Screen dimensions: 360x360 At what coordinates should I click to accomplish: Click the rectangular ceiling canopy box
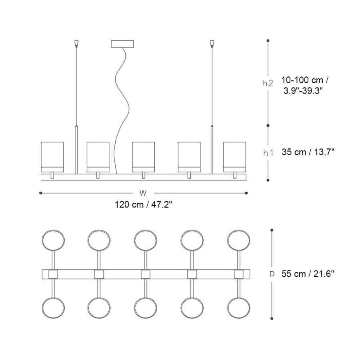click(122, 44)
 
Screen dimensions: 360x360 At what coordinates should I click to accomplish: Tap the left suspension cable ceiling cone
click(76, 43)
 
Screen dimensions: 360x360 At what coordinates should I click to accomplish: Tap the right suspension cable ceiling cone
click(212, 43)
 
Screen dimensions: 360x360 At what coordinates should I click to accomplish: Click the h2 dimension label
click(268, 83)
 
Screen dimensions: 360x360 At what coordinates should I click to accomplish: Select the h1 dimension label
click(268, 153)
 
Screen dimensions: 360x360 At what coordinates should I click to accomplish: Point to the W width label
click(143, 193)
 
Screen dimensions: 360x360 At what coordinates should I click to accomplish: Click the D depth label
click(272, 274)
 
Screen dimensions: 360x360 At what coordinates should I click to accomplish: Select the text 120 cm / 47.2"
click(143, 204)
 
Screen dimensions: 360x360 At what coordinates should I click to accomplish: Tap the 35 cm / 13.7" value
click(308, 152)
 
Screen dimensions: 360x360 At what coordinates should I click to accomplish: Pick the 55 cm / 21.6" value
click(308, 274)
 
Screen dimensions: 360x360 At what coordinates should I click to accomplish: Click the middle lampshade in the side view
click(144, 157)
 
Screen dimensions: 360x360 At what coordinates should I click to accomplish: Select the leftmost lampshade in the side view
click(52, 157)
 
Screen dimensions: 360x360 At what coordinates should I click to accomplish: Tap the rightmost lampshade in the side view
click(235, 157)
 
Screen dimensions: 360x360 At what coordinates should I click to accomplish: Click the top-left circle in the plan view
click(53, 240)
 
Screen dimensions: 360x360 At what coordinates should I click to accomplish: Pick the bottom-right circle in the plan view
click(239, 308)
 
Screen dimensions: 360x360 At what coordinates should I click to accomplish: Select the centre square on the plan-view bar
click(146, 274)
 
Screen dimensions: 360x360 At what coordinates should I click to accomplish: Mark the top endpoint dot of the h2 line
click(268, 41)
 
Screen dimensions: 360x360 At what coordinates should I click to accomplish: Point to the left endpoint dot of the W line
click(41, 193)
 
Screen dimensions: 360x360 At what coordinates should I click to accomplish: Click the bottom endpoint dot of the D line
click(272, 318)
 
